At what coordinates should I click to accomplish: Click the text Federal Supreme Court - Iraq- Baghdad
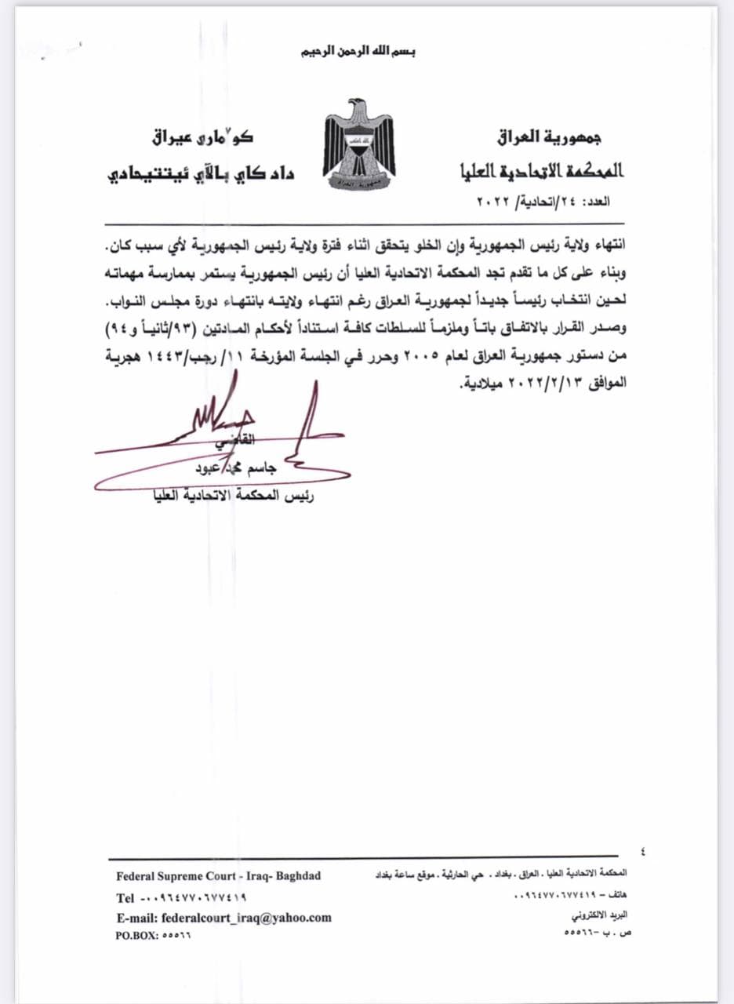[218, 876]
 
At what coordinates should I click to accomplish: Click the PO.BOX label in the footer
[137, 936]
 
